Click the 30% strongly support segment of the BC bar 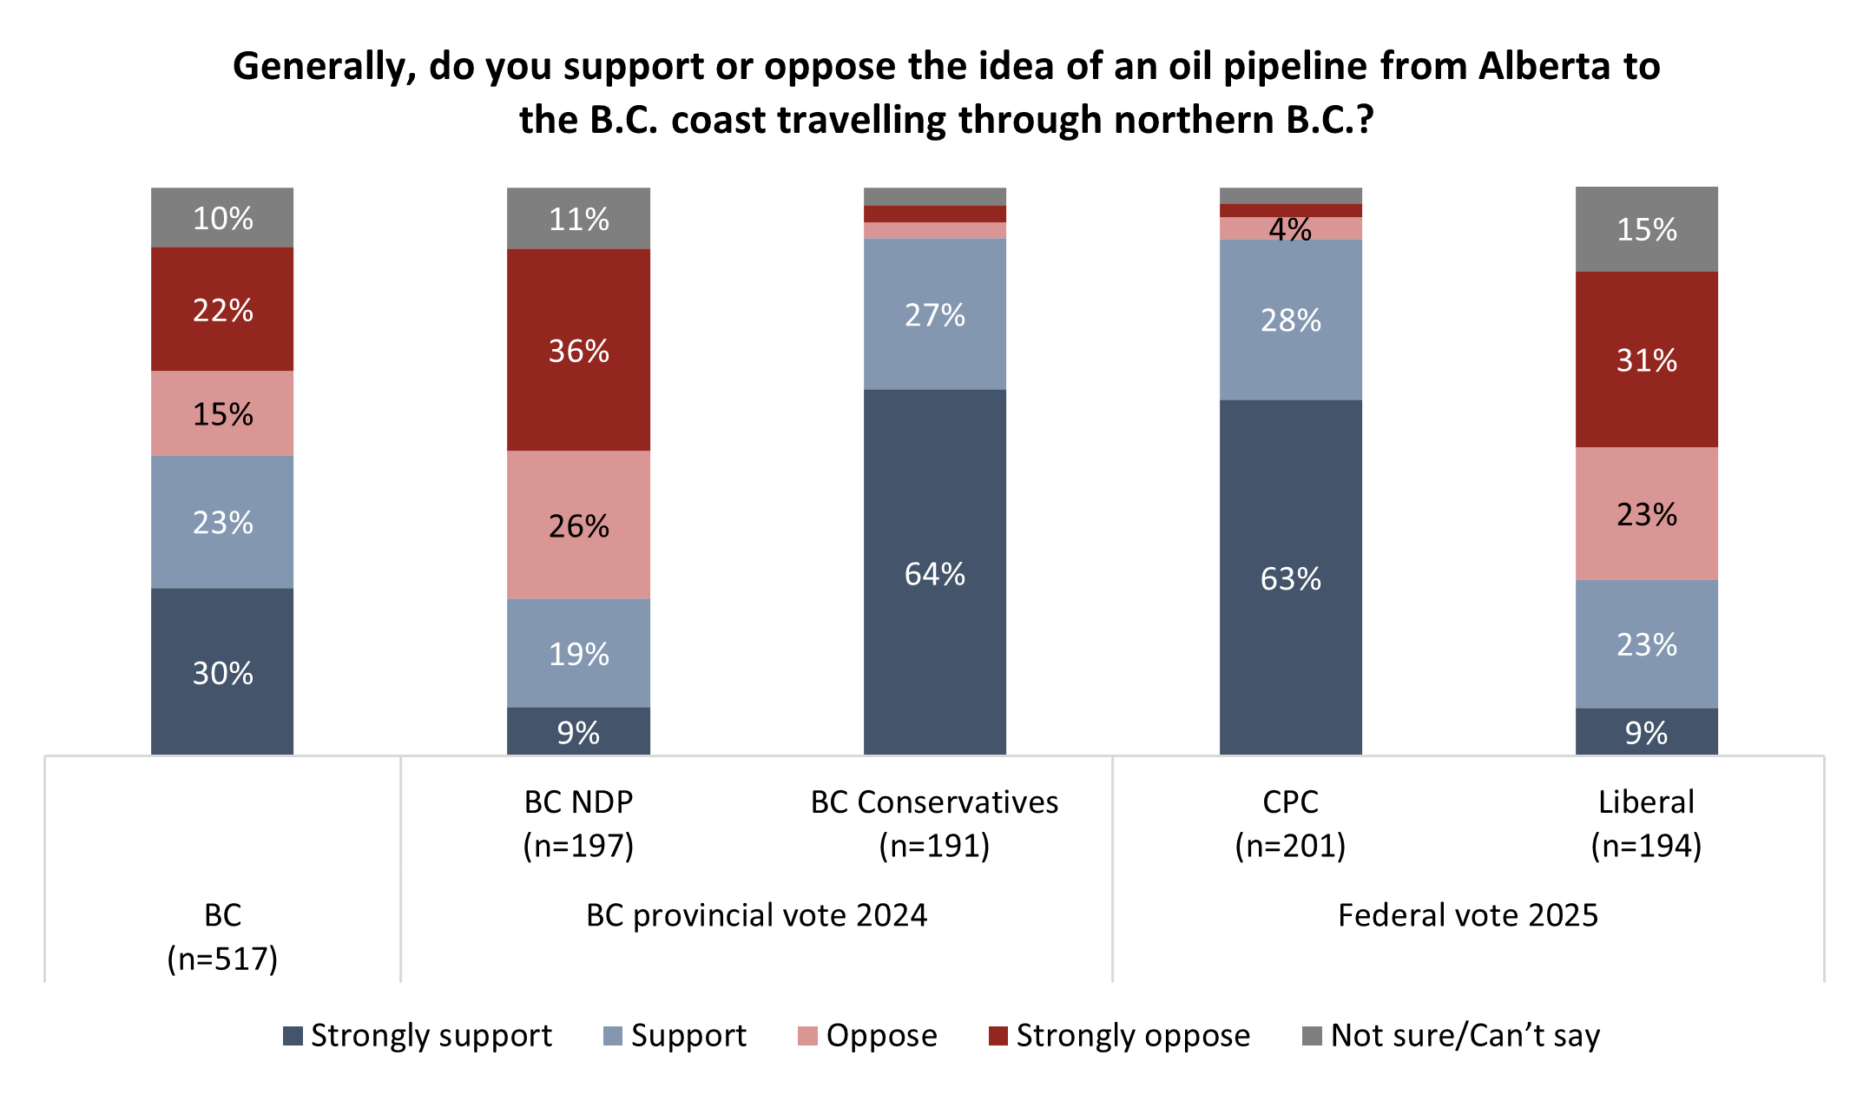click(222, 671)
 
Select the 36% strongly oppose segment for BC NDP click(578, 350)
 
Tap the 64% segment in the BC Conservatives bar click(934, 572)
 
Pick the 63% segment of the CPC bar click(1290, 577)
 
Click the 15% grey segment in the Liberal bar click(1646, 229)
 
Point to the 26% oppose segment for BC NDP click(578, 524)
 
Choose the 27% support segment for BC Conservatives click(934, 314)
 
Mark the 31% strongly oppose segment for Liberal click(1646, 360)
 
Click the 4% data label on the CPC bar click(1290, 229)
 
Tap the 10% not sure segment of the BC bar click(222, 218)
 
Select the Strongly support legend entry click(418, 1035)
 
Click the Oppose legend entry click(868, 1035)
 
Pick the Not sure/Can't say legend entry click(1452, 1035)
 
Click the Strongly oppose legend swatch click(998, 1036)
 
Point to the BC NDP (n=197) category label click(578, 822)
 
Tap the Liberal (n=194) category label click(1646, 822)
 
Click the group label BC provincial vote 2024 click(756, 915)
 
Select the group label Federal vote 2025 click(1467, 915)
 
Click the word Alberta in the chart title click(1544, 66)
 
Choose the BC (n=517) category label click(222, 936)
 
